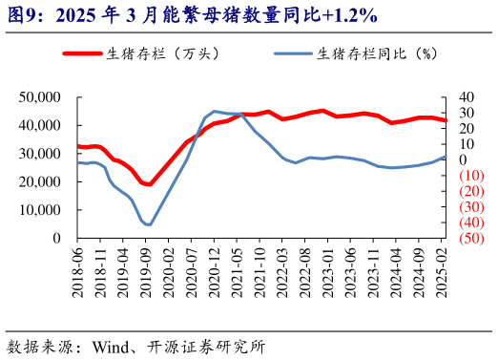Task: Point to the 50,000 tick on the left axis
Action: click(40, 97)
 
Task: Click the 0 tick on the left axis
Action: click(56, 238)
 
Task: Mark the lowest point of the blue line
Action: click(148, 225)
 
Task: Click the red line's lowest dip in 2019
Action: click(149, 184)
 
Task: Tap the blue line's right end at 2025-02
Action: click(446, 157)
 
